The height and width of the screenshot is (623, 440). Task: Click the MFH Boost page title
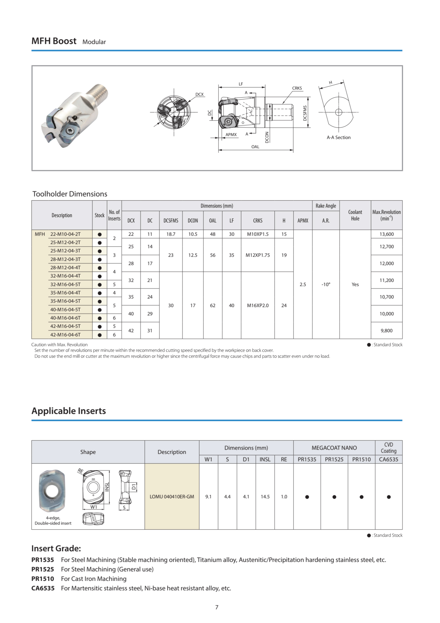tap(54, 41)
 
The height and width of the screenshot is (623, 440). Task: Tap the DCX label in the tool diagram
tap(199, 94)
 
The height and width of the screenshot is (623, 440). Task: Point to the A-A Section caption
tap(338, 137)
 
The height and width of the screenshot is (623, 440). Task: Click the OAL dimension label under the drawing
tap(255, 147)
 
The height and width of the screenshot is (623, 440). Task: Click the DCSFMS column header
tap(171, 220)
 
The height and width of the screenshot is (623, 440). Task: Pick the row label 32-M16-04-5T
tap(65, 284)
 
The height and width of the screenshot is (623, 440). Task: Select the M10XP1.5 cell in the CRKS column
tap(258, 234)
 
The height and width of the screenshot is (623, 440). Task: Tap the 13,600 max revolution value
tap(386, 234)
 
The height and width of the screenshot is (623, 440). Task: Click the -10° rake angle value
tap(326, 284)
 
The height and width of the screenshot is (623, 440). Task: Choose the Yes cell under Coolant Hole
tap(355, 284)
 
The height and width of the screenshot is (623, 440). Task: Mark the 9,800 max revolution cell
tap(386, 331)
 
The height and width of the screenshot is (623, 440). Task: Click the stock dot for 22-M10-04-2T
tap(100, 234)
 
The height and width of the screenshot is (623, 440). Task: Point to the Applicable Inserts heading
tap(69, 411)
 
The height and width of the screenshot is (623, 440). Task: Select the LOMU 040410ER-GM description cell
tap(172, 497)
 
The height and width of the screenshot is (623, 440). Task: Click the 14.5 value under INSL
tap(265, 497)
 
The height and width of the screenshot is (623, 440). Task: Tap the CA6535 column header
tap(388, 459)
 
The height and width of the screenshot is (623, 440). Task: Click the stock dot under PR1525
tap(334, 497)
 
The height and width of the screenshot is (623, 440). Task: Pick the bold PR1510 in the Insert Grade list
tap(43, 579)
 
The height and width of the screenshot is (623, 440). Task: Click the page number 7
tap(217, 607)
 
